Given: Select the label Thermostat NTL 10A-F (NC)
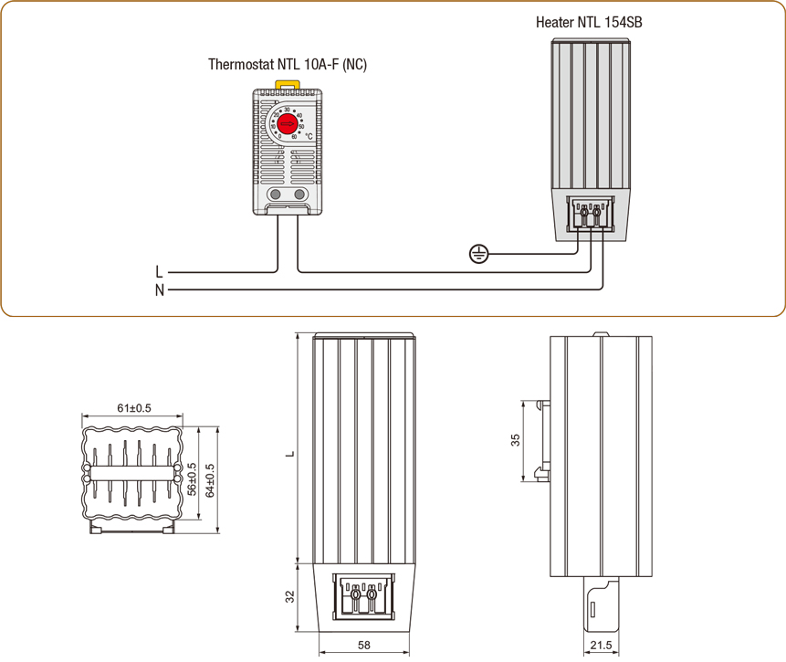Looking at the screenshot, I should tap(288, 65).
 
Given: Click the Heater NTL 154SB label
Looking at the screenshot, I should tap(589, 21).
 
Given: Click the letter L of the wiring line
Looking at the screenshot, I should tap(159, 271).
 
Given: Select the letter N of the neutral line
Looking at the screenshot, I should tap(159, 290).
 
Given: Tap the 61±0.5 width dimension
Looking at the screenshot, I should tap(134, 408).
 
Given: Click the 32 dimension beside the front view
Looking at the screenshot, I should tap(289, 597).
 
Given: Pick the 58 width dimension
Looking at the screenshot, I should tap(364, 646).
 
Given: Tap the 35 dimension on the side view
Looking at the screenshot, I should tap(516, 441).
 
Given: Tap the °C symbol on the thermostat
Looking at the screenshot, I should tap(309, 136).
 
